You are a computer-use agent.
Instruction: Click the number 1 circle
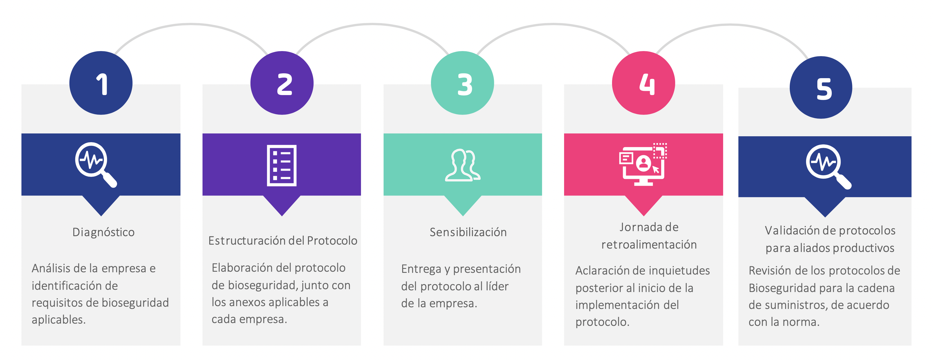point(101,83)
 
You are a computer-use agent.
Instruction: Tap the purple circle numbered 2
point(282,83)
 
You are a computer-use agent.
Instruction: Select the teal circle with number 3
point(463,83)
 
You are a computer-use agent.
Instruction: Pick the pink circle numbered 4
point(644,83)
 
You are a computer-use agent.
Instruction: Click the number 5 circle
point(821,87)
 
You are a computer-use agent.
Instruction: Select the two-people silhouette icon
point(463,165)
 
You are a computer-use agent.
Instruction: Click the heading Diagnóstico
point(104,232)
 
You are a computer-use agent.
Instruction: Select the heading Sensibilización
point(468,232)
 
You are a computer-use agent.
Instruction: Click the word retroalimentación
point(649,245)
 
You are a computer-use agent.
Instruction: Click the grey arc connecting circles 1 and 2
point(191,25)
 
